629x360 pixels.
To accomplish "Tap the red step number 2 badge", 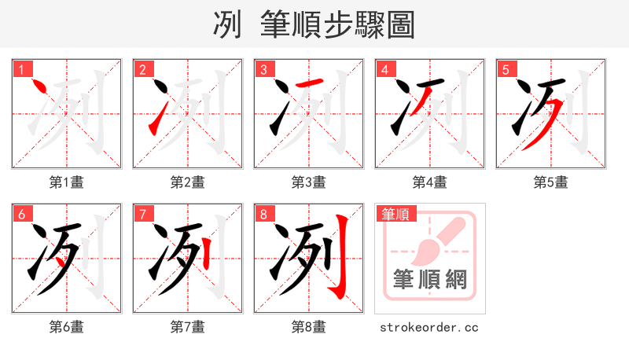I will pos(142,69).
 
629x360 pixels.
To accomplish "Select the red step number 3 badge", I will pos(263,69).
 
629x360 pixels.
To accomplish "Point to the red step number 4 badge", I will pos(384,69).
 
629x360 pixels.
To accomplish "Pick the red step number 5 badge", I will pos(506,69).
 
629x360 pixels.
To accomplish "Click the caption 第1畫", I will pos(67,182).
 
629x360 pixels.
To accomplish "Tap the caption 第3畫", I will pos(309,182).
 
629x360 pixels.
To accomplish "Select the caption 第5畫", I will pos(551,182).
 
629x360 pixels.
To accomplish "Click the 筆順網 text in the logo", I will pos(430,280).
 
